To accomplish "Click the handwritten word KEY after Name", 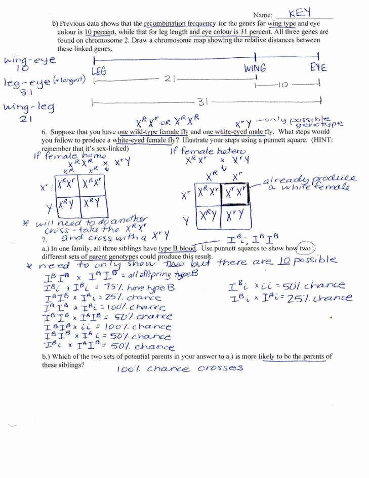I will coord(301,13).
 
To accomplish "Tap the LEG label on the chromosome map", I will coord(99,72).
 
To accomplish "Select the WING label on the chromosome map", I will coord(255,68).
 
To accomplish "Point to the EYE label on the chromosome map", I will coord(318,67).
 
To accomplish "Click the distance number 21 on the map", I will coord(170,79).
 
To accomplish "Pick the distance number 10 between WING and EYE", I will coord(282,85).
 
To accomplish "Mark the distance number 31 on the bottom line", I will coord(202,102).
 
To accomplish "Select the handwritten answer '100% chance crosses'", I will coord(180,369).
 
